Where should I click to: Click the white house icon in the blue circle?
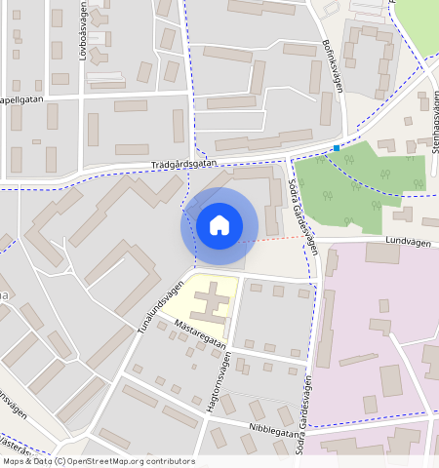219,224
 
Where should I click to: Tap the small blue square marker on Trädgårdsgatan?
337,148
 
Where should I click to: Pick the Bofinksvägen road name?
333,65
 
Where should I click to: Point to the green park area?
361,180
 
